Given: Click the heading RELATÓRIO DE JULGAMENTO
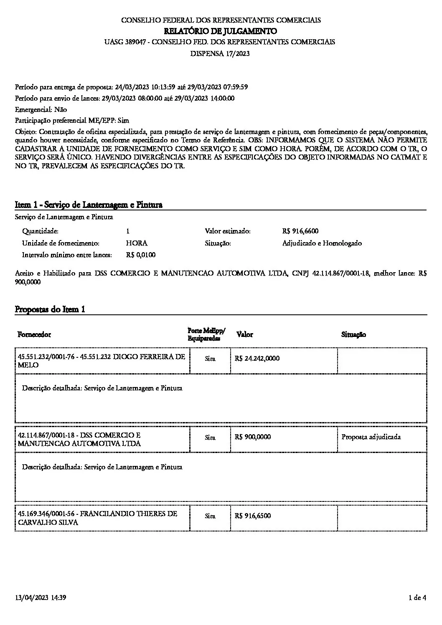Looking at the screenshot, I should tap(221, 31).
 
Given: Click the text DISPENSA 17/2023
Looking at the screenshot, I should tap(220, 53).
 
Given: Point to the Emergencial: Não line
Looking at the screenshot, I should tap(41, 109).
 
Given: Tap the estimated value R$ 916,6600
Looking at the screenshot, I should tap(300, 231).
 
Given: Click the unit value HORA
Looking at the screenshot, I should tap(137, 243).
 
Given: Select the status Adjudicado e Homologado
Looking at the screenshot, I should tap(322, 243).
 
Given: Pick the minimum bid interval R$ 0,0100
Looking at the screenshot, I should tap(141, 255).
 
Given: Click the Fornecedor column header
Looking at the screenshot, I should tap(34, 335).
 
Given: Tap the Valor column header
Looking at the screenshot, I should tap(244, 334).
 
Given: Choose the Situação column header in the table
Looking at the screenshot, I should tap(353, 335).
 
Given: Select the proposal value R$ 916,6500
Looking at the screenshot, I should tap(253, 516).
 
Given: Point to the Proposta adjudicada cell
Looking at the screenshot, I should tap(371, 437).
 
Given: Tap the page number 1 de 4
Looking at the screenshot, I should tap(418, 598).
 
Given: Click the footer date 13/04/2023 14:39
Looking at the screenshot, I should tap(41, 598).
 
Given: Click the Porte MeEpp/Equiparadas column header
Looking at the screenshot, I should tap(206, 334).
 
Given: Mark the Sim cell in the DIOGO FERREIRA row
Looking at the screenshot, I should tap(210, 359).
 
